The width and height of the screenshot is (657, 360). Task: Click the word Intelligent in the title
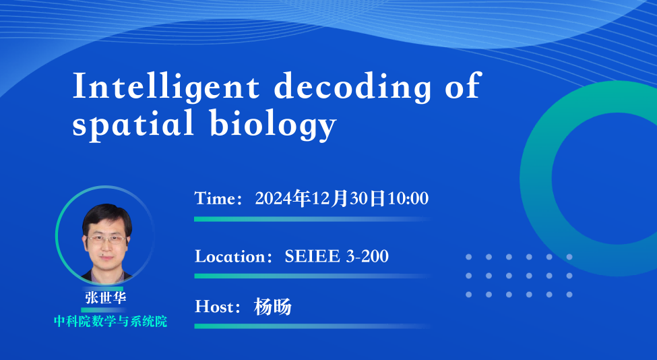[x=166, y=87]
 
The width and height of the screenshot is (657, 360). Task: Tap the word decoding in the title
[x=352, y=87]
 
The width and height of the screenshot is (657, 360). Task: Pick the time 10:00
[x=407, y=198]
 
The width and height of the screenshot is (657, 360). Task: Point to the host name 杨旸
[x=272, y=307]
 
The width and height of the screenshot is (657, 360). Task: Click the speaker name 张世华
[x=106, y=297]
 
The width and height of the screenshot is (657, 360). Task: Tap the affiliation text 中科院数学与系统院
[x=111, y=322]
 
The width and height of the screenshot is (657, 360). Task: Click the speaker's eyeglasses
[x=107, y=240]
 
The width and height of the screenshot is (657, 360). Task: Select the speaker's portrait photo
[x=104, y=235]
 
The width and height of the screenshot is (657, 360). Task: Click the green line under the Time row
[x=312, y=219]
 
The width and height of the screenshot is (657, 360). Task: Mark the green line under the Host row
[x=312, y=326]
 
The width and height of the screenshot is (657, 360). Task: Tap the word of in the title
[x=462, y=87]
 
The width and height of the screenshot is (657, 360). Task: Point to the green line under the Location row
[x=312, y=276]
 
